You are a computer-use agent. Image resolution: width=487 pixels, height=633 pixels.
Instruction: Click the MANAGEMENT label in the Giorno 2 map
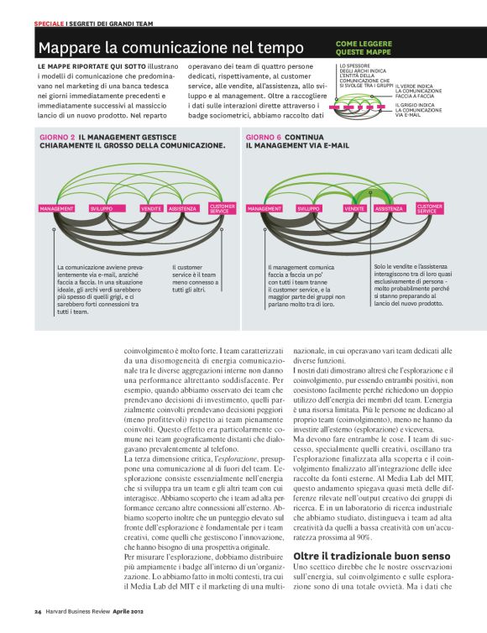click(x=57, y=208)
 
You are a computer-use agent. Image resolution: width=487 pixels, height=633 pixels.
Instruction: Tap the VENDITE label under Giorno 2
click(x=151, y=208)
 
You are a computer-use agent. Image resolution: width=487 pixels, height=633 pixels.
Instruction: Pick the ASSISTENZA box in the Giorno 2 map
click(x=182, y=208)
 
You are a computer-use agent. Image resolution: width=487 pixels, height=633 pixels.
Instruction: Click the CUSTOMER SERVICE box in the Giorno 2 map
click(x=223, y=208)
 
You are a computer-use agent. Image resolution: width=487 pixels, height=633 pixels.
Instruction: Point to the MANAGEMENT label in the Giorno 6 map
click(x=264, y=208)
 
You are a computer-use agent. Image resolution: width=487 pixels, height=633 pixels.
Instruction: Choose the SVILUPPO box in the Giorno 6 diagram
click(x=309, y=208)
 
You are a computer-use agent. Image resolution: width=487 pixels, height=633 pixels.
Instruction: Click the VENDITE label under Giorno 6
click(x=354, y=208)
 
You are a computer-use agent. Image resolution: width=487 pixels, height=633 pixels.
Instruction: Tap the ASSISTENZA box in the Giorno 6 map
click(x=389, y=208)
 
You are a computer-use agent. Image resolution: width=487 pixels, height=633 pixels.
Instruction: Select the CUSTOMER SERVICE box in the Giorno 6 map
click(x=429, y=208)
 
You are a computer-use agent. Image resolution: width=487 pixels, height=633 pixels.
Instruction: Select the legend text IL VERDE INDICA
click(x=413, y=86)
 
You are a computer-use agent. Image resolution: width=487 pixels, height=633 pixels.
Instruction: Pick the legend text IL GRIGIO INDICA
click(x=416, y=104)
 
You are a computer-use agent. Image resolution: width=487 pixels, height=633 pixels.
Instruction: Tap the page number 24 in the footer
click(x=38, y=610)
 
